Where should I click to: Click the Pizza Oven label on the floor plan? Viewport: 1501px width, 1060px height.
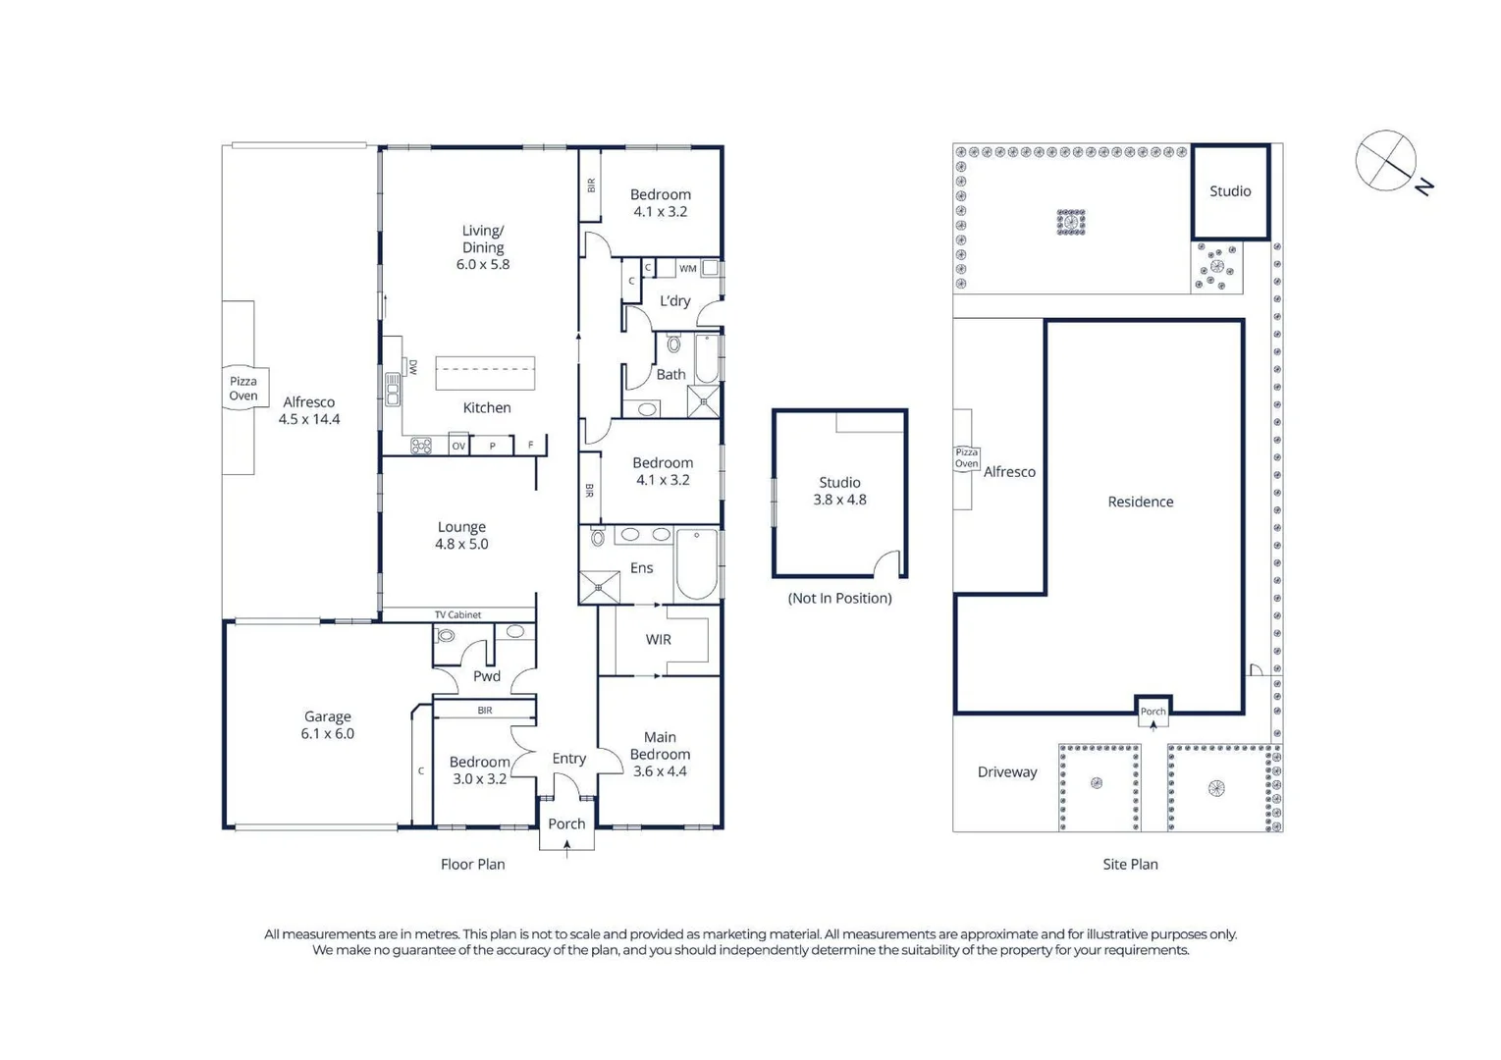click(x=242, y=389)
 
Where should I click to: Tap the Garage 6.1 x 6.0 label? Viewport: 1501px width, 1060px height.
click(x=327, y=725)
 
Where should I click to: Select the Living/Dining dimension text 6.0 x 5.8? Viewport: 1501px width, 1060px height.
click(x=482, y=264)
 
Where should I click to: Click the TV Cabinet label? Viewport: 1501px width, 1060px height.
click(x=457, y=615)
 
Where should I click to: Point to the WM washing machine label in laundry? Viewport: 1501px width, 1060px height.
click(x=687, y=268)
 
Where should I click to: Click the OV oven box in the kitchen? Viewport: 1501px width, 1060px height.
click(x=458, y=446)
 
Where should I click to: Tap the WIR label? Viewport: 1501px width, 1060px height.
click(x=658, y=640)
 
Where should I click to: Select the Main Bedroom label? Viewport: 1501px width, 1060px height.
click(x=660, y=754)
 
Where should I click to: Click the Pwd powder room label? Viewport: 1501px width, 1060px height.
click(x=486, y=676)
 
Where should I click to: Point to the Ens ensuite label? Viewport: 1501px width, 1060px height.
click(x=641, y=568)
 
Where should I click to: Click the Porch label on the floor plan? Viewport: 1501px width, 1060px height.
click(x=566, y=824)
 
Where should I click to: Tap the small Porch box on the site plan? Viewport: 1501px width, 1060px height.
click(x=1153, y=711)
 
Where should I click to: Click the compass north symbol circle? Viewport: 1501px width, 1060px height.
click(x=1385, y=160)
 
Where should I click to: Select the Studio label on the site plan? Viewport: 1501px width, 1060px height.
click(x=1230, y=191)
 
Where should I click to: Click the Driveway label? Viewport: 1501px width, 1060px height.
click(x=1006, y=772)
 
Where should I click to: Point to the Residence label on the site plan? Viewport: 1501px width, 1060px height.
click(x=1140, y=502)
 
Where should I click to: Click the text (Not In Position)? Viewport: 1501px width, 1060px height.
click(x=839, y=598)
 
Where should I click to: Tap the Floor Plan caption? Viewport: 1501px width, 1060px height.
click(x=472, y=865)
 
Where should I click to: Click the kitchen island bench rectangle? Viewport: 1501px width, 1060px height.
click(x=485, y=373)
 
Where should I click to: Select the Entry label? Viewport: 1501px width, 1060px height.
click(x=568, y=759)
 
